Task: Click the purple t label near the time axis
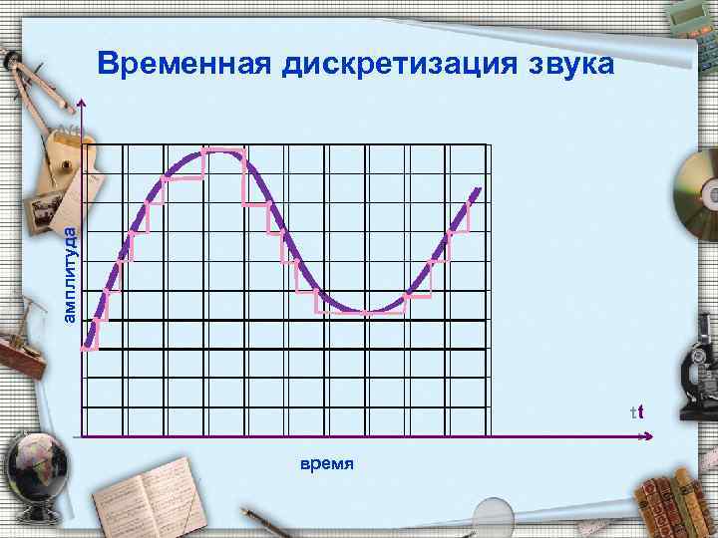click(x=639, y=411)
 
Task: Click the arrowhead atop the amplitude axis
click(x=84, y=105)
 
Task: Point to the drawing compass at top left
click(x=22, y=80)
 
